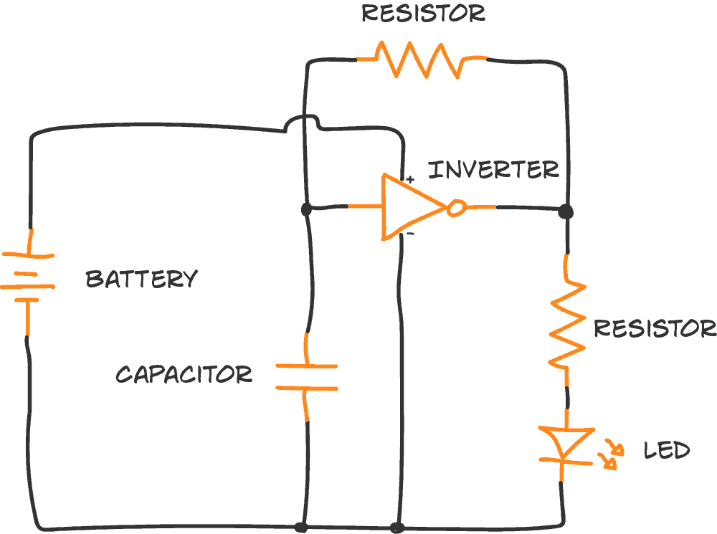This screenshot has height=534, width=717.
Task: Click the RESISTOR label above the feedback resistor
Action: click(423, 13)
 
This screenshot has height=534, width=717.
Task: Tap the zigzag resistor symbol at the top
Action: click(423, 59)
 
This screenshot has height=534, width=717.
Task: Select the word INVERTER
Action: click(493, 170)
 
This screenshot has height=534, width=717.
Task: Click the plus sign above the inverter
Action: click(409, 177)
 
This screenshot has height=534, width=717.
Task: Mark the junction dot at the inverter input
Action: click(306, 209)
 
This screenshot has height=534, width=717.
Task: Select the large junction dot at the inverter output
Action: click(566, 211)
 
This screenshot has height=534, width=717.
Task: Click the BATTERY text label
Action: click(141, 279)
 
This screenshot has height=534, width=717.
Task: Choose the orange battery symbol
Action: click(28, 280)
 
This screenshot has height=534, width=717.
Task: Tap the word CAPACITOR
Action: click(184, 374)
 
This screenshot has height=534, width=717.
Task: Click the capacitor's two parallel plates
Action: click(306, 377)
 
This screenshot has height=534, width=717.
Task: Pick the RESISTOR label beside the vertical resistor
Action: click(654, 328)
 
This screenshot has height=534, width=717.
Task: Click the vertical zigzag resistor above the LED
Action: click(567, 323)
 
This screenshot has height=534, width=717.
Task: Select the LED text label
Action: click(666, 451)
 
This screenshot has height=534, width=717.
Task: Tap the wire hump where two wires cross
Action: click(302, 123)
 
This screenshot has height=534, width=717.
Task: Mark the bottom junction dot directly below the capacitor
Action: click(302, 528)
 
